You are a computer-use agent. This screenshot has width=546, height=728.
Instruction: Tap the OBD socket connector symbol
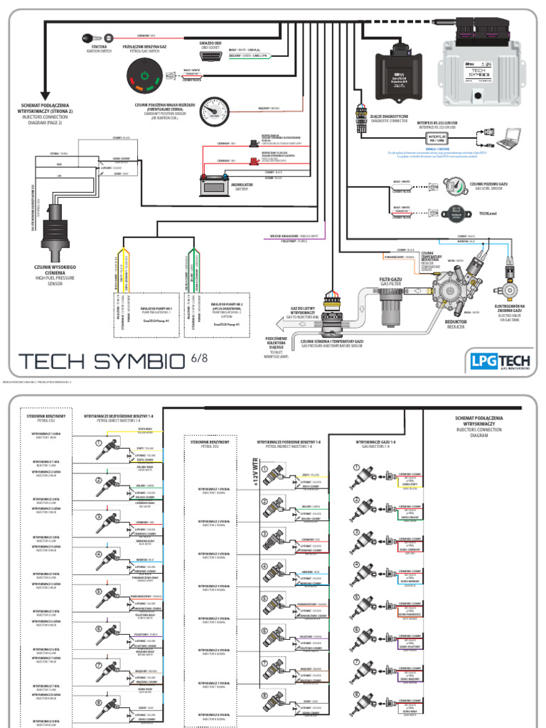point(210,55)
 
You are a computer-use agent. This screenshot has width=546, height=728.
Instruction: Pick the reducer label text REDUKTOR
point(456,322)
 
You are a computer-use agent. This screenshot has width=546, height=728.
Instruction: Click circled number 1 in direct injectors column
point(100,444)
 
